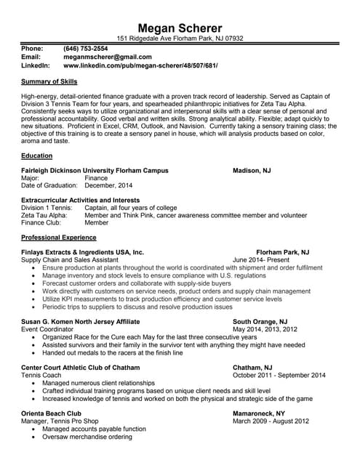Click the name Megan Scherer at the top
tap(180, 27)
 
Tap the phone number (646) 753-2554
tap(86, 48)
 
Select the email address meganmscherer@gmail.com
tap(108, 57)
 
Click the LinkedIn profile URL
tap(140, 65)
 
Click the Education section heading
tap(36, 155)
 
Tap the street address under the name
tap(180, 39)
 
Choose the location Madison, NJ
tap(252, 171)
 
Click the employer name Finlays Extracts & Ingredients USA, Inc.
tap(83, 251)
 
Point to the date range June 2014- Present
tap(260, 259)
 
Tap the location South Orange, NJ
tap(260, 321)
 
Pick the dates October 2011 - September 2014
tap(279, 375)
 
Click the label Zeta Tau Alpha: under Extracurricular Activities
tap(44, 215)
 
